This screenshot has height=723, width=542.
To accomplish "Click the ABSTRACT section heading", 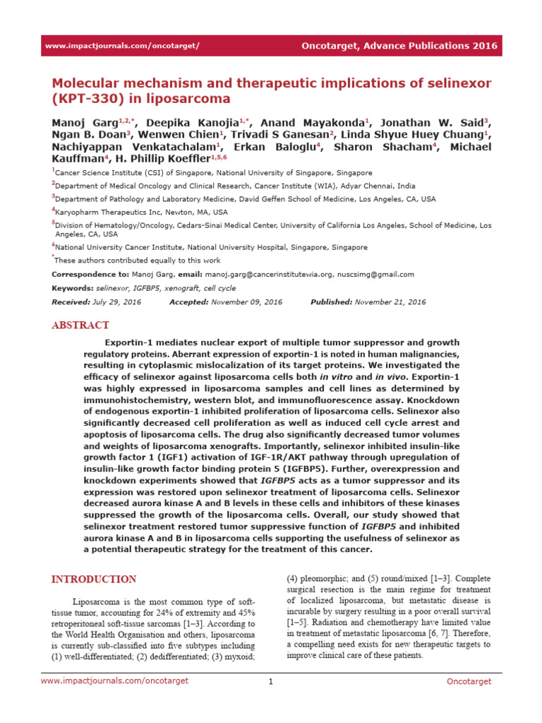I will (x=80, y=325).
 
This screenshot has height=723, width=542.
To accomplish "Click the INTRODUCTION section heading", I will (x=94, y=580).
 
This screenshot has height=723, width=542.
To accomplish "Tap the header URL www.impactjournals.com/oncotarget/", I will (x=122, y=46).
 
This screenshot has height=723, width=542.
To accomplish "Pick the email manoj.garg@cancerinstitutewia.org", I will (x=269, y=274).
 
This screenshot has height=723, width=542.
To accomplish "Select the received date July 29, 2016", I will (x=116, y=302).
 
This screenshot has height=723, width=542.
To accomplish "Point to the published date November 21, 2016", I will (x=390, y=302).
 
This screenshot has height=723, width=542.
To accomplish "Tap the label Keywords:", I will (x=73, y=289).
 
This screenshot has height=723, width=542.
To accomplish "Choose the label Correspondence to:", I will (x=90, y=274).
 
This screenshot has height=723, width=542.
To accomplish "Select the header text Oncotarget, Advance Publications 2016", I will (x=399, y=46).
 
